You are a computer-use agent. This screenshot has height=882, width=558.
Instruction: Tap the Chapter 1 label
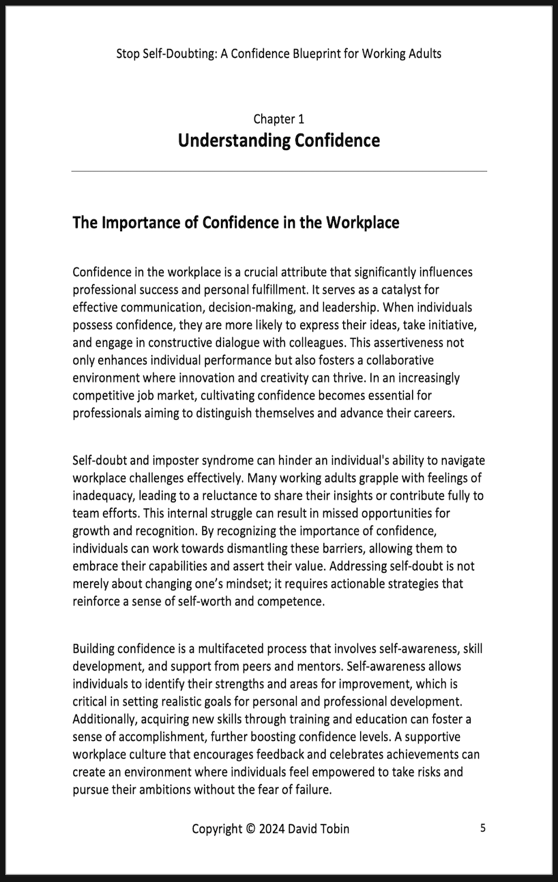[x=279, y=119]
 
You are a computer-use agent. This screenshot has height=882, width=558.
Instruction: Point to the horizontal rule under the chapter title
[x=279, y=170]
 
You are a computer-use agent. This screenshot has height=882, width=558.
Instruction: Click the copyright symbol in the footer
[x=250, y=829]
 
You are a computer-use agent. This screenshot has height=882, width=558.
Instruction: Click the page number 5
[x=483, y=828]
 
